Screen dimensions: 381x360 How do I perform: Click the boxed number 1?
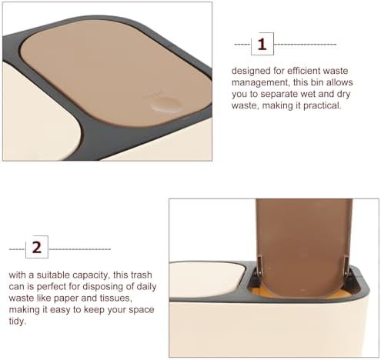[262, 44]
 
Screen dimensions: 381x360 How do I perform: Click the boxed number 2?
[37, 247]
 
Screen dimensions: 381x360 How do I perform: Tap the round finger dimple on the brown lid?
[165, 105]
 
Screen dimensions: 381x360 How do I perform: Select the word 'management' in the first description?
[261, 82]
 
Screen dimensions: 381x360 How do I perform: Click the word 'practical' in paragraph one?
[322, 105]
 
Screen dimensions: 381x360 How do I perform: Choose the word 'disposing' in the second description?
[99, 286]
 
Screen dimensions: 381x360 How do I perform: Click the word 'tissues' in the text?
[116, 298]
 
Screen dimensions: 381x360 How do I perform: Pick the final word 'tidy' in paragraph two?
[18, 321]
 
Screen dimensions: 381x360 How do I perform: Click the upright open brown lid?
[304, 246]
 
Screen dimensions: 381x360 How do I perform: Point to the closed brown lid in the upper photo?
[115, 73]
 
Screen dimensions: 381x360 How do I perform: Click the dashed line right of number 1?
[305, 45]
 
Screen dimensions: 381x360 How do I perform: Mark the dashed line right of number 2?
[80, 249]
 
